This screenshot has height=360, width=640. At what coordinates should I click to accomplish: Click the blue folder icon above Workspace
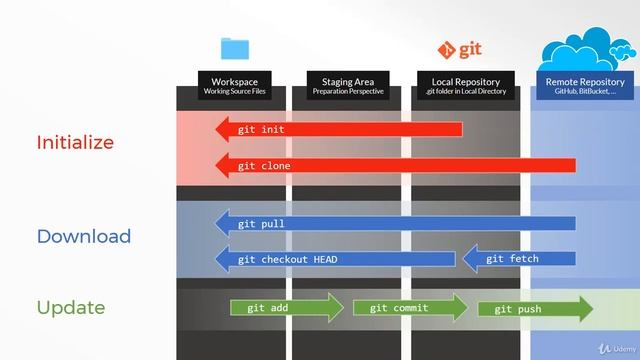[x=235, y=48]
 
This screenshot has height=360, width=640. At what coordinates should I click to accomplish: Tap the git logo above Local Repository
[x=461, y=49]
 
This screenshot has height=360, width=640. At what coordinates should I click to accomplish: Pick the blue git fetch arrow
[x=518, y=259]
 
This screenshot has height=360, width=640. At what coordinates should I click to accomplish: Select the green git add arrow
[x=286, y=308]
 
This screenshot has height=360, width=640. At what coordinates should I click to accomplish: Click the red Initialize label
[x=75, y=142]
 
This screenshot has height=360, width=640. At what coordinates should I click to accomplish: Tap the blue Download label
[x=84, y=236]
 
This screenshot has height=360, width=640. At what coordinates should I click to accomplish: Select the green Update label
[x=70, y=307]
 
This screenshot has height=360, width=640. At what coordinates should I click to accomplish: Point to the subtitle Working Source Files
[x=235, y=92]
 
